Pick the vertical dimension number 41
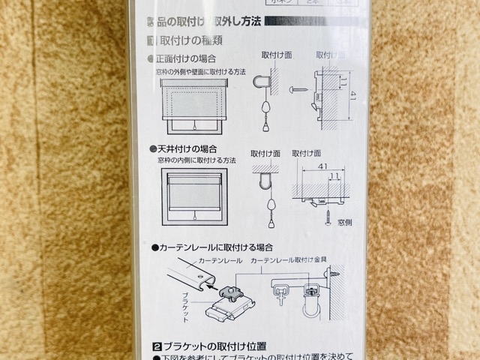[x=354, y=96]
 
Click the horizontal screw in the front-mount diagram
[x=298, y=89]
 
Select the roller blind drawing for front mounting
[x=193, y=106]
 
